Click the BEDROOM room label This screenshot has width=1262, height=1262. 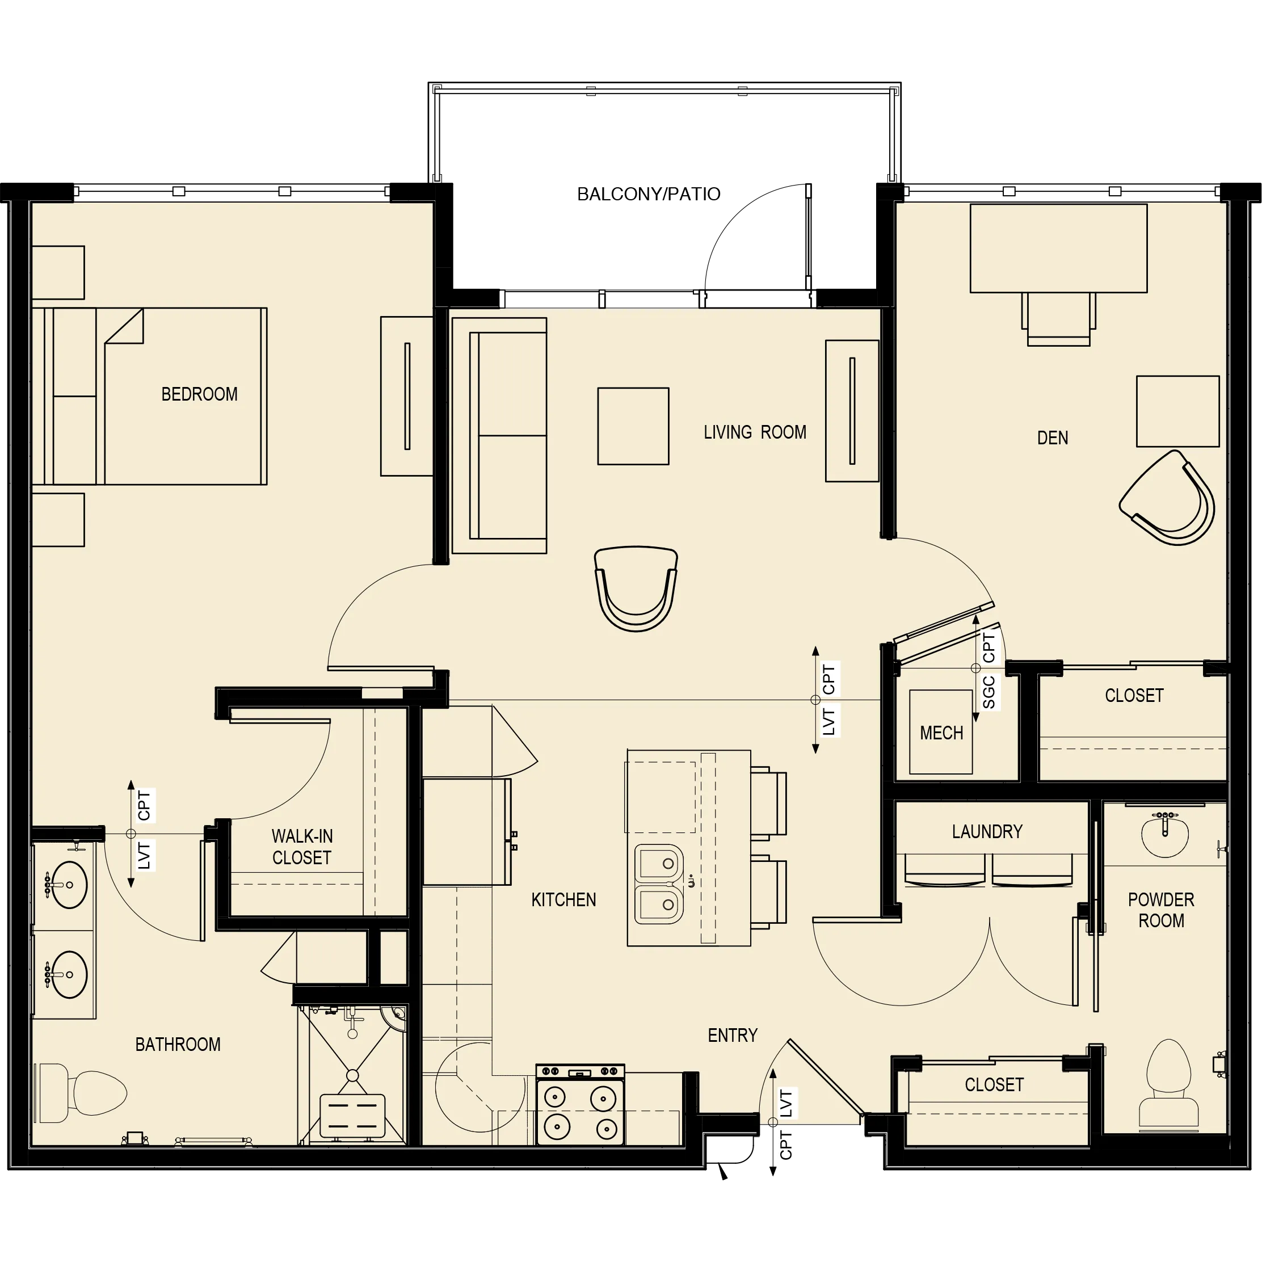pos(199,394)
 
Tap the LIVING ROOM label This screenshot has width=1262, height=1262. pos(755,432)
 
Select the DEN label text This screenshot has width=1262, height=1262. pos(1052,438)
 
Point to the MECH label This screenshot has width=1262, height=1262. pos(941,733)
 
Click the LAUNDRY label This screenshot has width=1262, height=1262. pos(987,831)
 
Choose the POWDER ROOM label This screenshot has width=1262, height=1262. pos(1161,910)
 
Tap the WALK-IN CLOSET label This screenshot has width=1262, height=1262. pos(302,847)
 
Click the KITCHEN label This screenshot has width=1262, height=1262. pos(563,899)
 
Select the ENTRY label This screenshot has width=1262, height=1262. pos(732,1036)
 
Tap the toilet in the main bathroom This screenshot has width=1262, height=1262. pos(85,1092)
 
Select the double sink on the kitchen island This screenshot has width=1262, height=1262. pos(659,885)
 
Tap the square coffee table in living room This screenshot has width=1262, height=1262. pos(633,426)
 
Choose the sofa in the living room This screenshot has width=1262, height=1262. pos(499,436)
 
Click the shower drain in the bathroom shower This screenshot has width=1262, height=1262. pos(353,1075)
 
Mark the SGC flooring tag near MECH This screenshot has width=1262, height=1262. pos(989,692)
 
